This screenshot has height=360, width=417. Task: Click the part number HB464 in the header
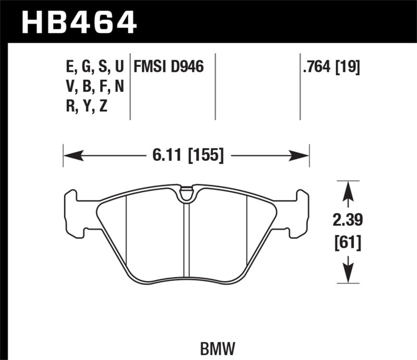coord(78,22)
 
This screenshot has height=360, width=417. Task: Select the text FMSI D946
coord(168,67)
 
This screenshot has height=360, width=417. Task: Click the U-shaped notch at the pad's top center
coord(186,194)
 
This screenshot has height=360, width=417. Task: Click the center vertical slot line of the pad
coord(186,240)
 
